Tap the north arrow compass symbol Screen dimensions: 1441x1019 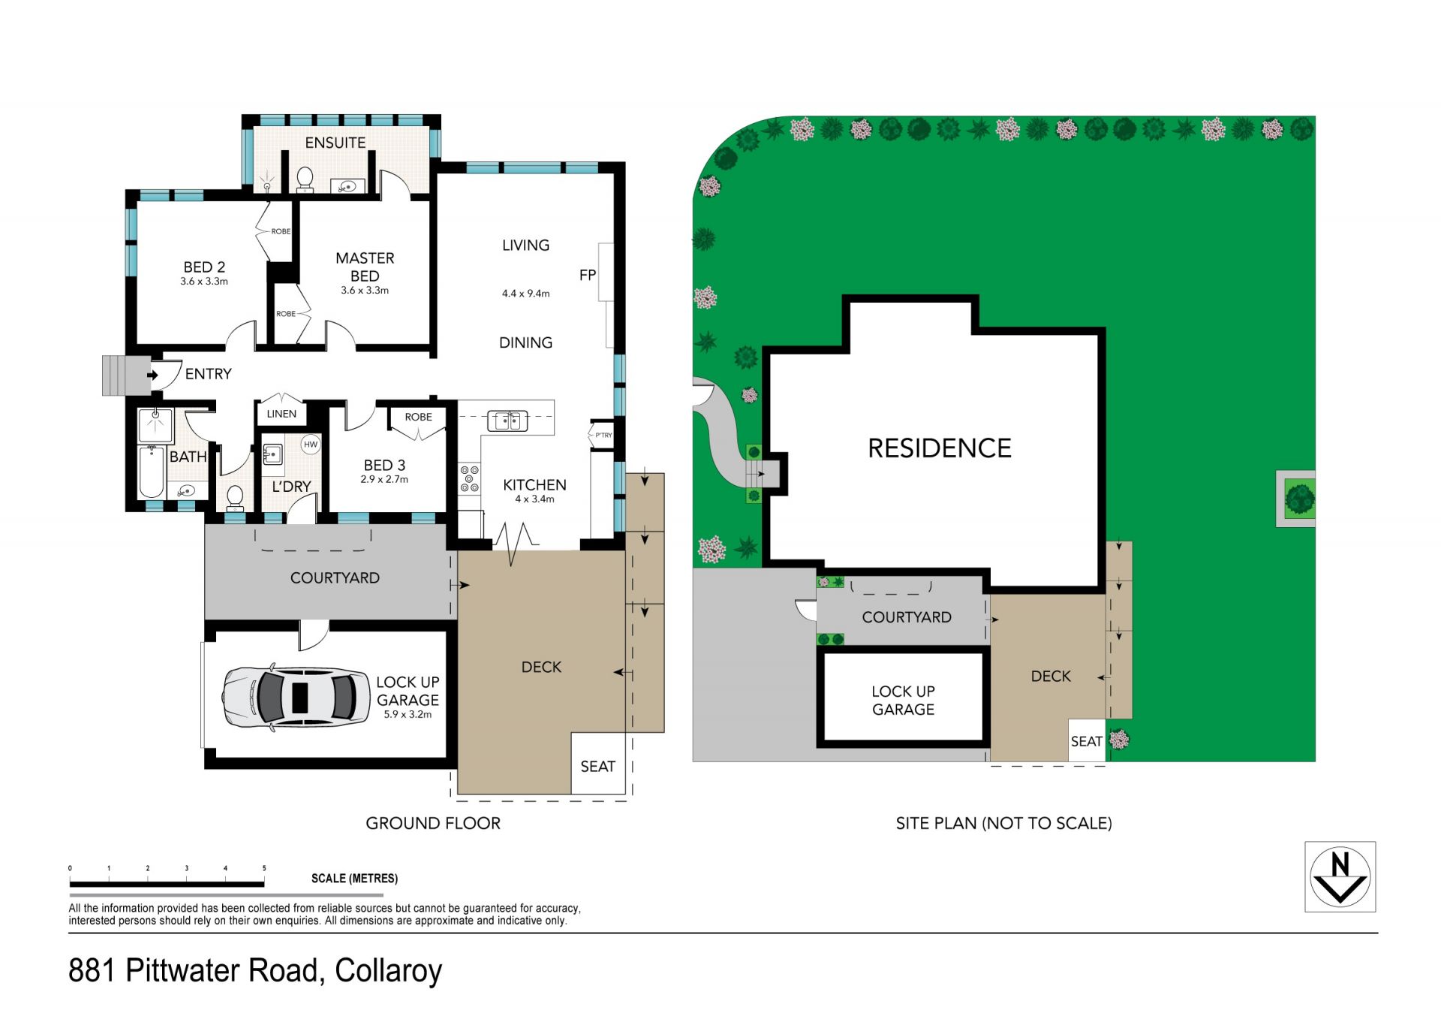(x=1340, y=876)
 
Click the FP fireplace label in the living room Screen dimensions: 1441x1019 (x=588, y=275)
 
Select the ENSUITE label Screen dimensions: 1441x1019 (x=335, y=143)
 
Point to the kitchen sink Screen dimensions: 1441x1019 (x=507, y=421)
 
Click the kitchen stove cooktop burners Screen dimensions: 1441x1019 (x=470, y=478)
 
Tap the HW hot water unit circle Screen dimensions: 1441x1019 (x=311, y=445)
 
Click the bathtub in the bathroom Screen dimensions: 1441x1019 (x=152, y=472)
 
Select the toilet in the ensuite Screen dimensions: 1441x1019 (x=305, y=179)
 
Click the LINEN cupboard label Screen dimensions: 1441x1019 (x=281, y=414)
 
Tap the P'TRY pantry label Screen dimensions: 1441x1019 (x=603, y=435)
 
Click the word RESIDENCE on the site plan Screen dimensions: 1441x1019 (x=940, y=448)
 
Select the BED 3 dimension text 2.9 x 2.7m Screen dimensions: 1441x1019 (x=384, y=479)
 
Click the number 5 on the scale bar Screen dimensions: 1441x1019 (x=264, y=868)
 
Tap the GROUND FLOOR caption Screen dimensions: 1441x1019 (x=433, y=823)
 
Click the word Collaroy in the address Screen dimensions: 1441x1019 (x=388, y=970)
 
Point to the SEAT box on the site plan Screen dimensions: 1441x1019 (x=1087, y=740)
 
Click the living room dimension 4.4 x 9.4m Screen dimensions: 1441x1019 (x=525, y=294)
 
